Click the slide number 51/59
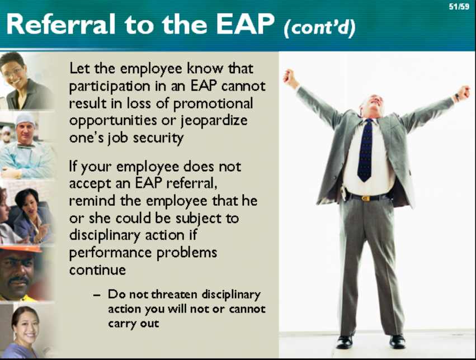pyautogui.click(x=459, y=7)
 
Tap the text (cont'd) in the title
pyautogui.click(x=319, y=28)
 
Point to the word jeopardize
pyautogui.click(x=214, y=121)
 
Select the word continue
pyautogui.click(x=97, y=270)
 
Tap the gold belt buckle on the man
pyautogui.click(x=366, y=198)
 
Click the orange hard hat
pyautogui.click(x=21, y=249)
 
